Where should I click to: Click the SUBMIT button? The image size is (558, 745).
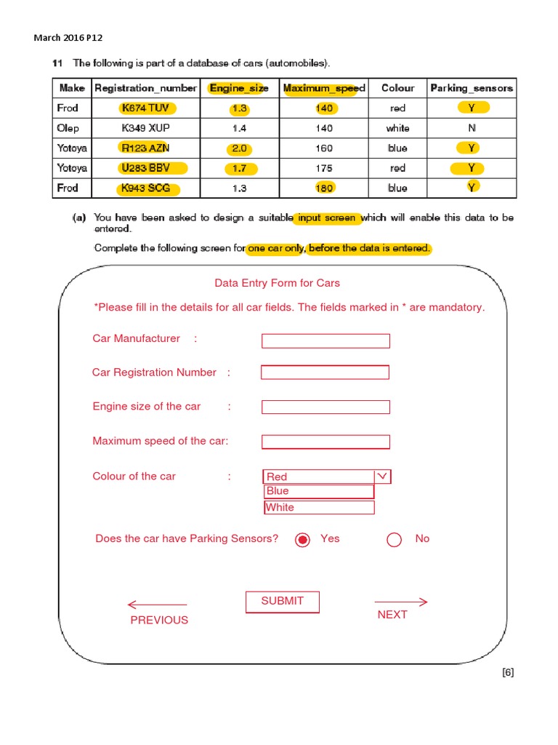tap(282, 601)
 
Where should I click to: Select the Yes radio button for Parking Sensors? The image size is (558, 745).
tap(303, 539)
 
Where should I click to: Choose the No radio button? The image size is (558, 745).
tap(395, 539)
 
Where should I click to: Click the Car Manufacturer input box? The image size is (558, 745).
tap(325, 340)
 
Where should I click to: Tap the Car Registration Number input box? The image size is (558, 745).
tap(325, 372)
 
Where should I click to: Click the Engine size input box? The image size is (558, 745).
tap(325, 407)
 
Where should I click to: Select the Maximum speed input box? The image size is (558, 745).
tap(325, 442)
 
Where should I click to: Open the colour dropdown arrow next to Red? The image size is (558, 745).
tap(383, 477)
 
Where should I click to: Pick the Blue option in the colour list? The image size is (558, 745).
tap(318, 491)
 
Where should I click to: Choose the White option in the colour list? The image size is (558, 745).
tap(318, 507)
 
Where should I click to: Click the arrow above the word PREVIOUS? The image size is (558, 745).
tap(157, 605)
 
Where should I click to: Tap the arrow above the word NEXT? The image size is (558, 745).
tap(400, 602)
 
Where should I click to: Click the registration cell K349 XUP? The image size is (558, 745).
tap(145, 128)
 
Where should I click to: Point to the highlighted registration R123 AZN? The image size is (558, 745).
tap(145, 148)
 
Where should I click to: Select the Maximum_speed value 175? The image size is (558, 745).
tap(324, 168)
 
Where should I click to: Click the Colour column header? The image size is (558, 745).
tap(397, 88)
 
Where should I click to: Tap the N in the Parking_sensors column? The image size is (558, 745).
tap(472, 128)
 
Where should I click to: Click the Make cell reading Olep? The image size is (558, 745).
tap(68, 128)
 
